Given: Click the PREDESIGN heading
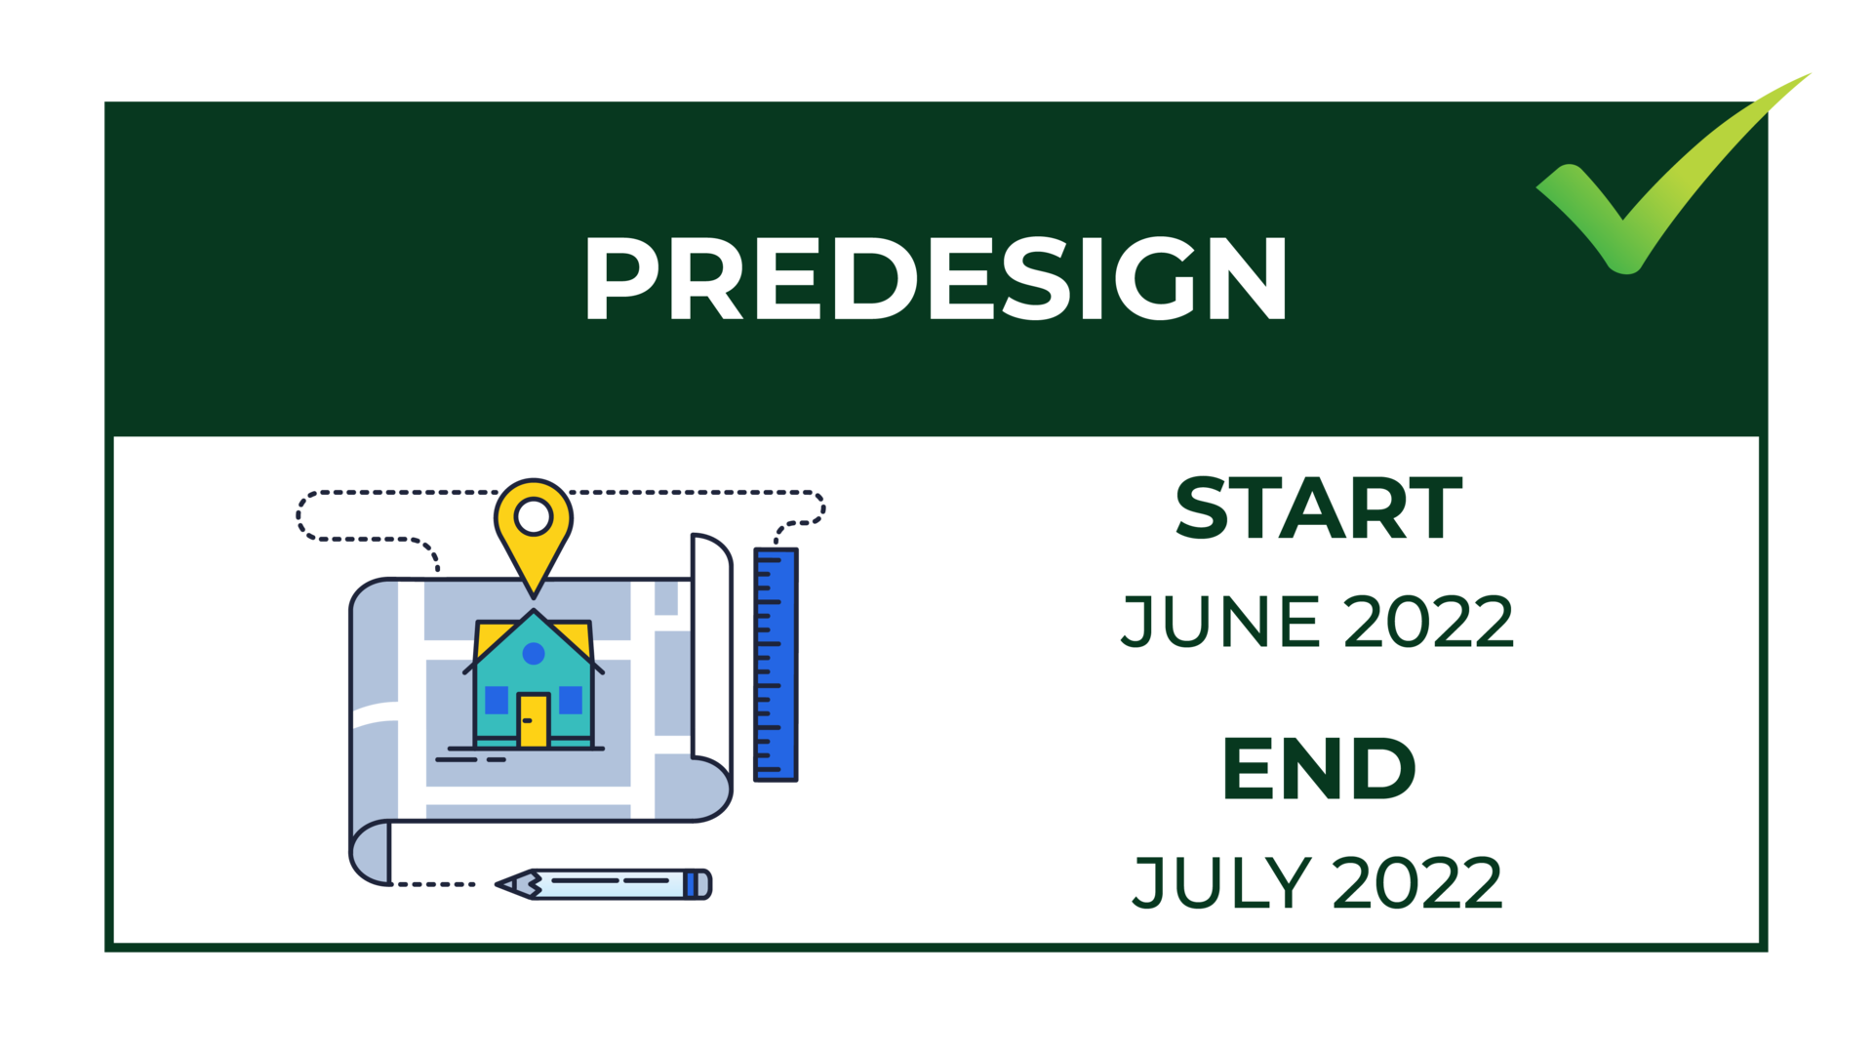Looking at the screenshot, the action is [936, 278].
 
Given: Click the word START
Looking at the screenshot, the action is [1319, 507].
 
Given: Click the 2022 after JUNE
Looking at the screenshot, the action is [1429, 621].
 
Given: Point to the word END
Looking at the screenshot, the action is [1319, 769].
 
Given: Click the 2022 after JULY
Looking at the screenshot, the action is [1417, 882].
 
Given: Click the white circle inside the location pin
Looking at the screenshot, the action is [534, 516].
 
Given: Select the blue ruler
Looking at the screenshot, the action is [776, 665].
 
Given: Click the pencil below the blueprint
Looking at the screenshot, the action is [604, 884].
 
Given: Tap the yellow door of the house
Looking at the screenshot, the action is [534, 720].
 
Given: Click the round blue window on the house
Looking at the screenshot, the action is [534, 653].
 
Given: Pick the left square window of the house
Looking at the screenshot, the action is [497, 700].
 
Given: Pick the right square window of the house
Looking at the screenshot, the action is [571, 700].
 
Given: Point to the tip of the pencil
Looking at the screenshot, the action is [498, 885].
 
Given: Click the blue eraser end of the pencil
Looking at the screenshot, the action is [698, 884].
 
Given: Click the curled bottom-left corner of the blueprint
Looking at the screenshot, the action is [370, 853].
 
